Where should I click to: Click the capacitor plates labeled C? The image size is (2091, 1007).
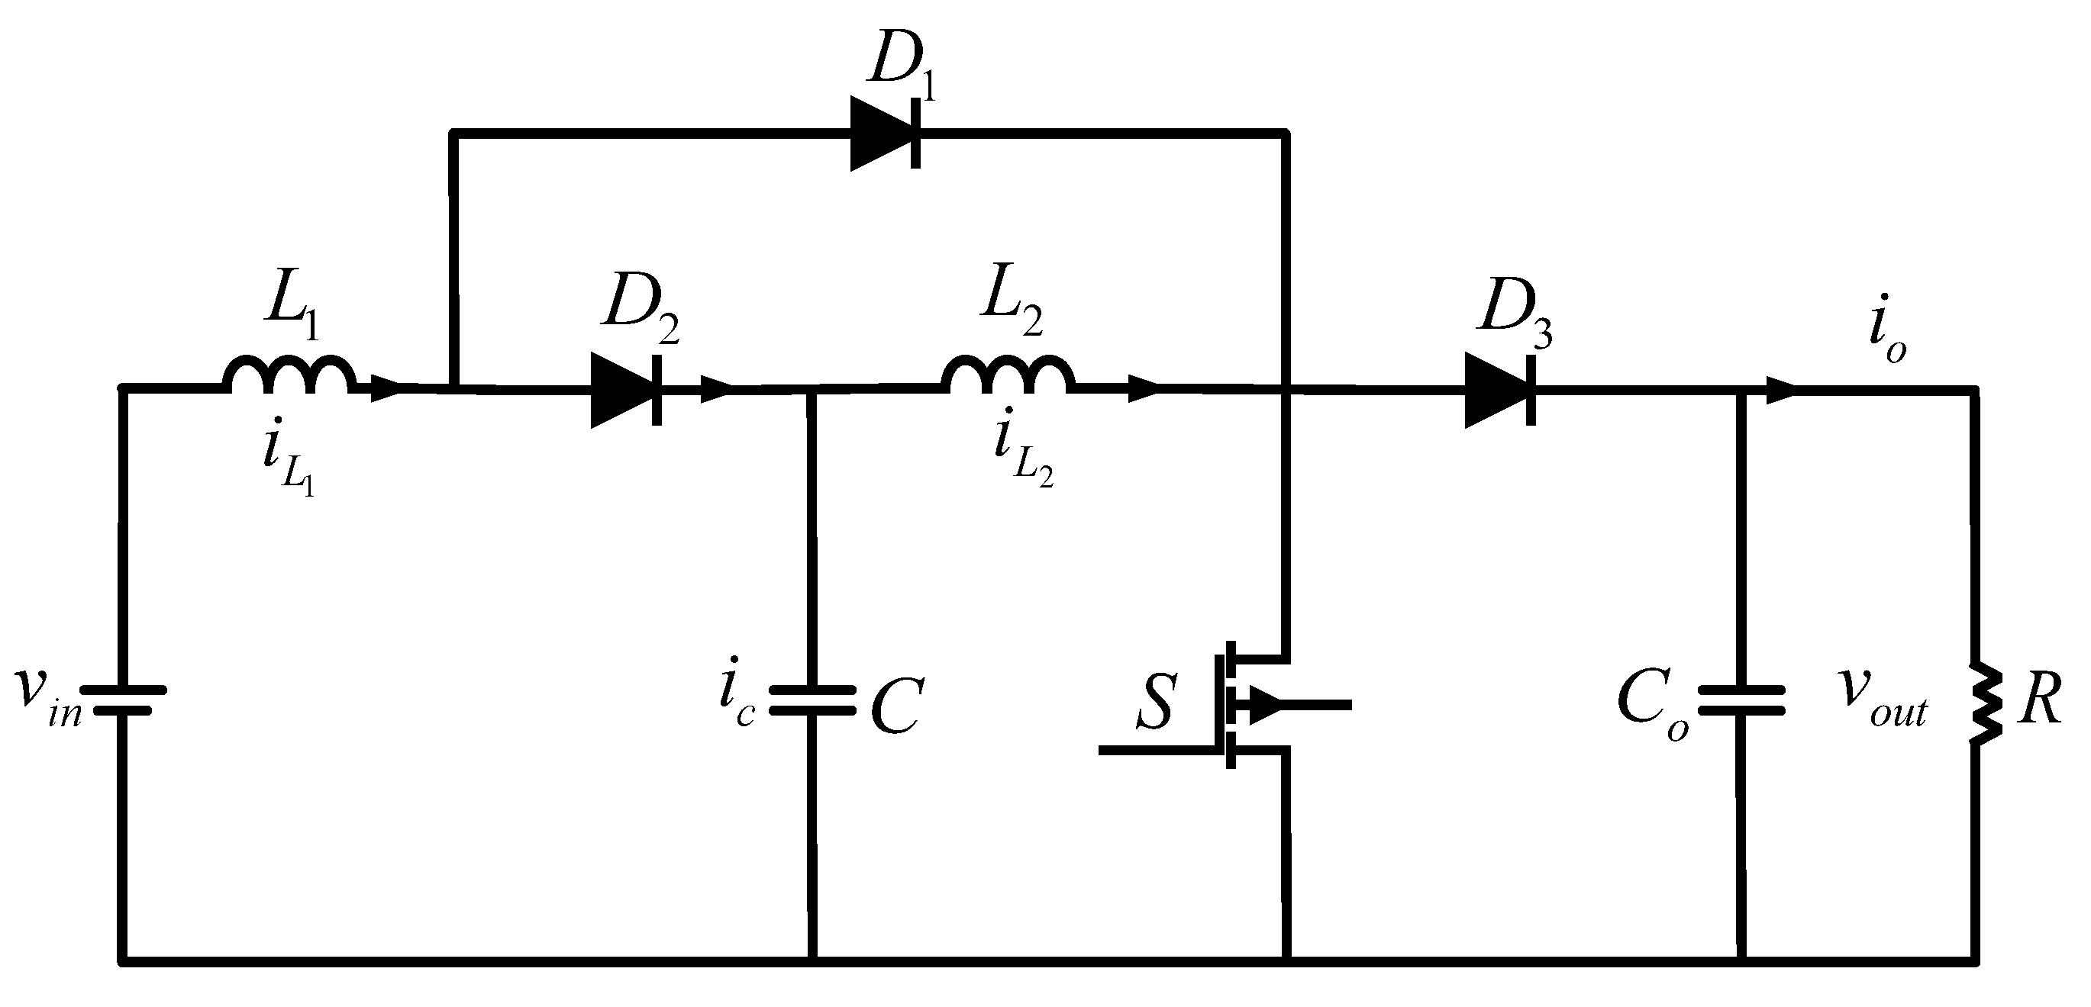click(x=812, y=700)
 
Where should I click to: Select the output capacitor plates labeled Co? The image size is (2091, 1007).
click(x=1742, y=700)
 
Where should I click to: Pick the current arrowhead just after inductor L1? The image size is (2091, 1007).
click(x=386, y=388)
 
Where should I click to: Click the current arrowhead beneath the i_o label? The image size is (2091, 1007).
click(x=1781, y=391)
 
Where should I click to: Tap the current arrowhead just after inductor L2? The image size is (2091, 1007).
click(x=1143, y=390)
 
